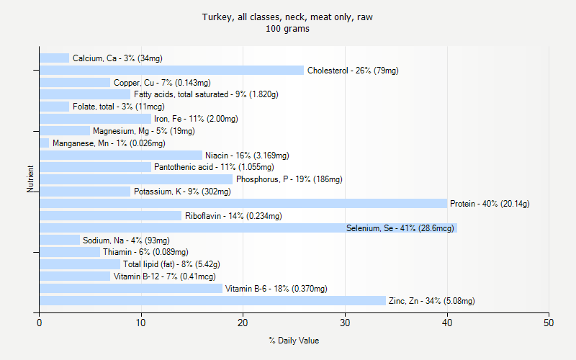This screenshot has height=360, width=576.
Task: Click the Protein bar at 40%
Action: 243,204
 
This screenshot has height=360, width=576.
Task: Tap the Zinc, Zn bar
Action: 212,301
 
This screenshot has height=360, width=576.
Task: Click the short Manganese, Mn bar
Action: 45,143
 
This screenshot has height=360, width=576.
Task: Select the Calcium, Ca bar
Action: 55,58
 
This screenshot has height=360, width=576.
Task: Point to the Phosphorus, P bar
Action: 136,179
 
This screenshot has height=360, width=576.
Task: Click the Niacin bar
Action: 121,155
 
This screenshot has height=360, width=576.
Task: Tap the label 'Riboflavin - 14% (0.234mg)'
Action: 233,216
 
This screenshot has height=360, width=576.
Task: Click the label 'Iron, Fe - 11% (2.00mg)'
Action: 196,119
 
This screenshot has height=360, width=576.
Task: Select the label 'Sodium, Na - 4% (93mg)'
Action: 126,240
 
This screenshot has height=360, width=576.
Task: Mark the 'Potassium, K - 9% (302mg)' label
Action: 182,192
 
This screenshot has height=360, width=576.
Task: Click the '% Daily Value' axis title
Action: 294,341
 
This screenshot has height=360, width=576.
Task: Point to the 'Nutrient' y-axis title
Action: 31,179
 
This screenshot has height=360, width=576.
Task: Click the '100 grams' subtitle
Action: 288,30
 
